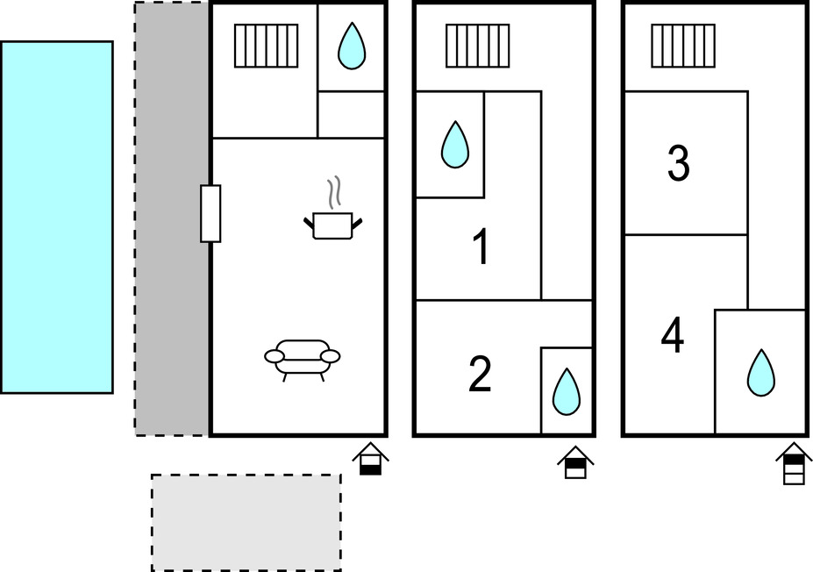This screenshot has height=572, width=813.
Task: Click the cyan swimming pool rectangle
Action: point(57,218)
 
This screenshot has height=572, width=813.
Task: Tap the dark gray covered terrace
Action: point(172,218)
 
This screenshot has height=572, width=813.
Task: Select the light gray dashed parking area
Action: point(246,522)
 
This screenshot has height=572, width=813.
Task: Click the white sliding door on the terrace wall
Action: point(210,214)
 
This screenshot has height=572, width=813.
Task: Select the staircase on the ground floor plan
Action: point(267,46)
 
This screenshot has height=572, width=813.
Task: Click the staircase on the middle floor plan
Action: point(477,46)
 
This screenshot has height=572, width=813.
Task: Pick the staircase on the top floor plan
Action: point(683,46)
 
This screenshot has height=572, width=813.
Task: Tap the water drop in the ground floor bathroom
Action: point(352,46)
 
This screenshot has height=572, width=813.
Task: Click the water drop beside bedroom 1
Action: point(454,145)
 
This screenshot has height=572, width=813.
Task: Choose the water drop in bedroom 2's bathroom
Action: point(567,392)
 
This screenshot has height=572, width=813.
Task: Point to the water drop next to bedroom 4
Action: point(761,373)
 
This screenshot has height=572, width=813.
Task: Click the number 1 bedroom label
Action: point(481,247)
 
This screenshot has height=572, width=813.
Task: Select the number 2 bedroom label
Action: point(480,375)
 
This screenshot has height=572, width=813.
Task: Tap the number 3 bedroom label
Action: point(678,164)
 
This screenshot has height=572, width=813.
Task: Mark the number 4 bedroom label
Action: point(673,336)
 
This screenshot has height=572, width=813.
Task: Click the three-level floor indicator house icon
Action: point(794,463)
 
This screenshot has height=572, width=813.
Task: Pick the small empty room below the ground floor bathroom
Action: point(351,115)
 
